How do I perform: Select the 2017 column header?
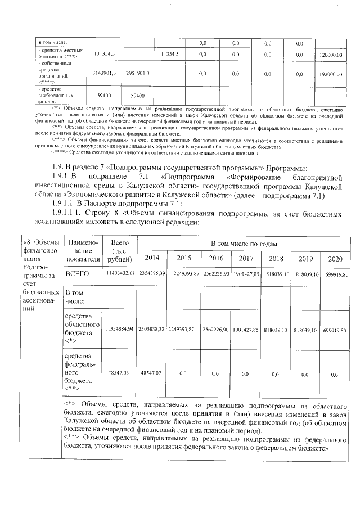coord(245,258)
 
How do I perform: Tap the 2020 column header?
coord(335,258)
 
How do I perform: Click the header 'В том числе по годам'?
coord(244,242)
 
